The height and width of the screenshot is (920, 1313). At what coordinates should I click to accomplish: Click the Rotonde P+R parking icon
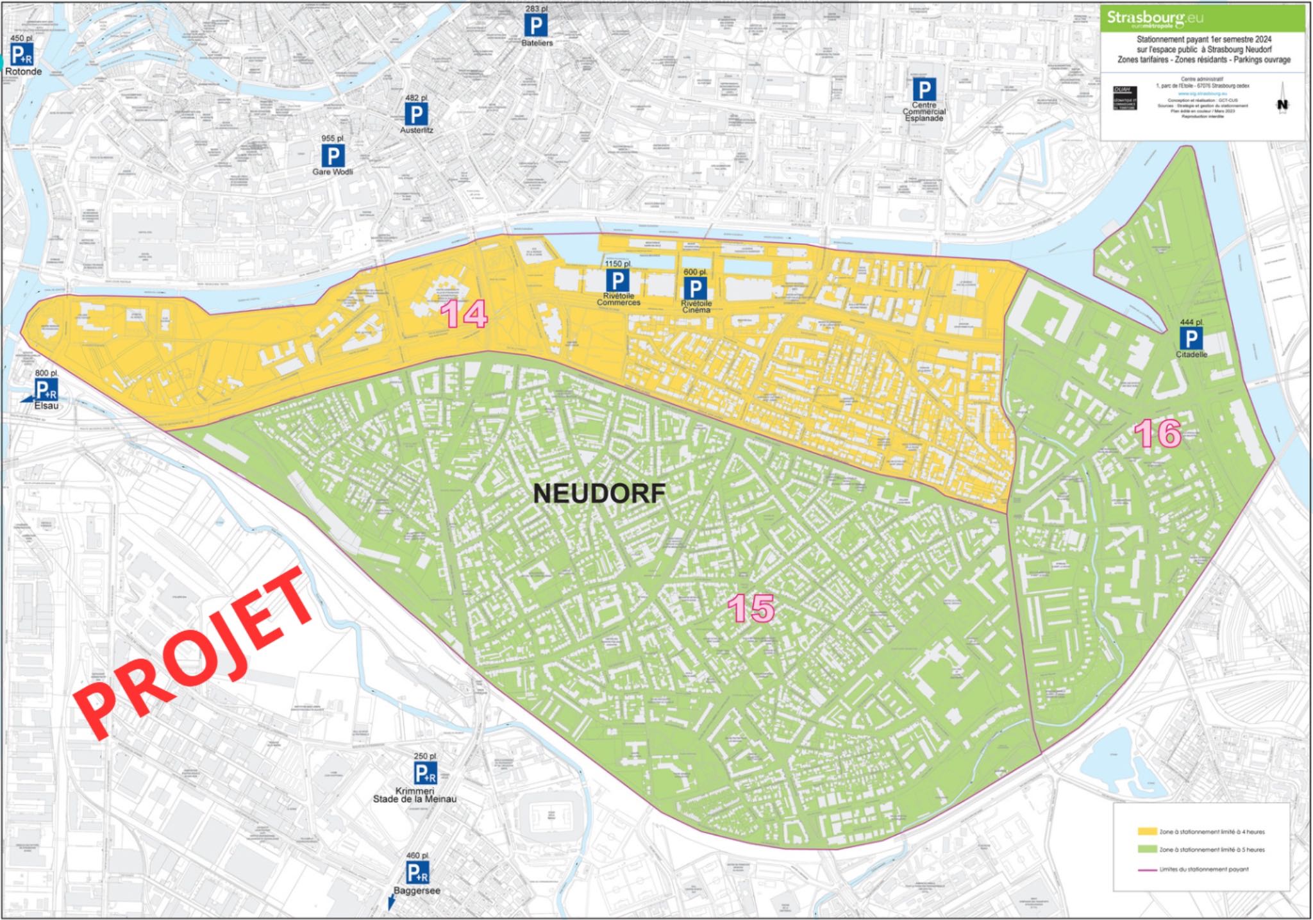click(x=22, y=55)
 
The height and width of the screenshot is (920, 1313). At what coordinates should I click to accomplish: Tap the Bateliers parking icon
click(x=536, y=26)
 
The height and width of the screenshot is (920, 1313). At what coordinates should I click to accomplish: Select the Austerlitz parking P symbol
click(x=416, y=115)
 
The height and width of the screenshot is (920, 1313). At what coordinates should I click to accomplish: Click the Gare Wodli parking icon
click(x=332, y=156)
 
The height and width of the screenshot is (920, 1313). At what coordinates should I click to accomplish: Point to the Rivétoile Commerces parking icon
click(x=618, y=281)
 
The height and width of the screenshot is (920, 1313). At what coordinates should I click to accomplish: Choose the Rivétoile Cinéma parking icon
click(x=696, y=289)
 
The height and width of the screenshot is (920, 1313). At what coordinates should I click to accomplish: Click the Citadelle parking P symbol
click(x=1191, y=339)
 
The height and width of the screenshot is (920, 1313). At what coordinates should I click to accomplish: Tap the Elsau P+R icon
click(x=46, y=389)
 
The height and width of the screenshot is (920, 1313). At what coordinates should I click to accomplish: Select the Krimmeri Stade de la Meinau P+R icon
click(x=425, y=773)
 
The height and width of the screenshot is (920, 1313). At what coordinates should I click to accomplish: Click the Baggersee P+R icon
click(x=417, y=873)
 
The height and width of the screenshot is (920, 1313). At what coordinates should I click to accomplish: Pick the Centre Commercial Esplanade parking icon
click(x=924, y=90)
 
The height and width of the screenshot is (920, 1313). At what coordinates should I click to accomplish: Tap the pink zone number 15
click(x=751, y=608)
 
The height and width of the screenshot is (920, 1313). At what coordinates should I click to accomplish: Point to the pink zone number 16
click(x=1158, y=434)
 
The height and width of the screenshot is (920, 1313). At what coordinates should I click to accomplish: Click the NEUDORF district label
click(x=599, y=493)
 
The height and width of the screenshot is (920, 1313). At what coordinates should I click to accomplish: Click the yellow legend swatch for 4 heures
click(x=1147, y=832)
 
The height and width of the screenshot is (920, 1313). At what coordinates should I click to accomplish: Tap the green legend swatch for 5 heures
click(x=1147, y=849)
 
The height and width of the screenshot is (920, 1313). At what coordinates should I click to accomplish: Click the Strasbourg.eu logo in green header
click(x=1155, y=18)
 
